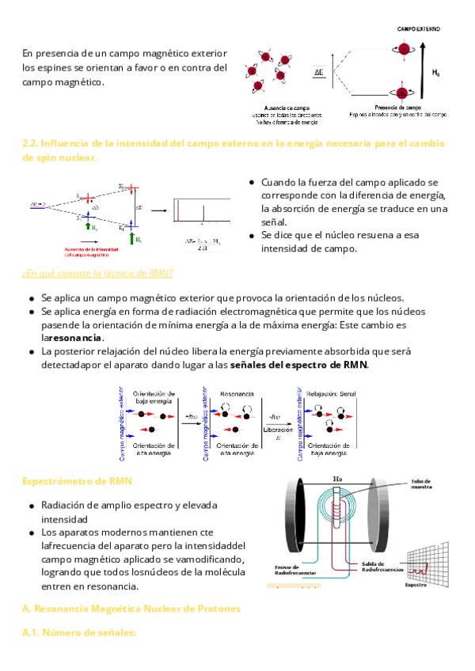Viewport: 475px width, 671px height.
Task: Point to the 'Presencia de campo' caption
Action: tap(398, 106)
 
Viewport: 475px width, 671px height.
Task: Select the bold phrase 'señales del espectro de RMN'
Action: tap(298, 366)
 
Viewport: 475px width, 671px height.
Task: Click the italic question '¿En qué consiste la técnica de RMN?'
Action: tap(97, 274)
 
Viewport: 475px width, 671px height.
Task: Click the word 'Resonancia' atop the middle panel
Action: tap(237, 393)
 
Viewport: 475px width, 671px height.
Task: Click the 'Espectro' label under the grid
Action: tap(417, 586)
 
